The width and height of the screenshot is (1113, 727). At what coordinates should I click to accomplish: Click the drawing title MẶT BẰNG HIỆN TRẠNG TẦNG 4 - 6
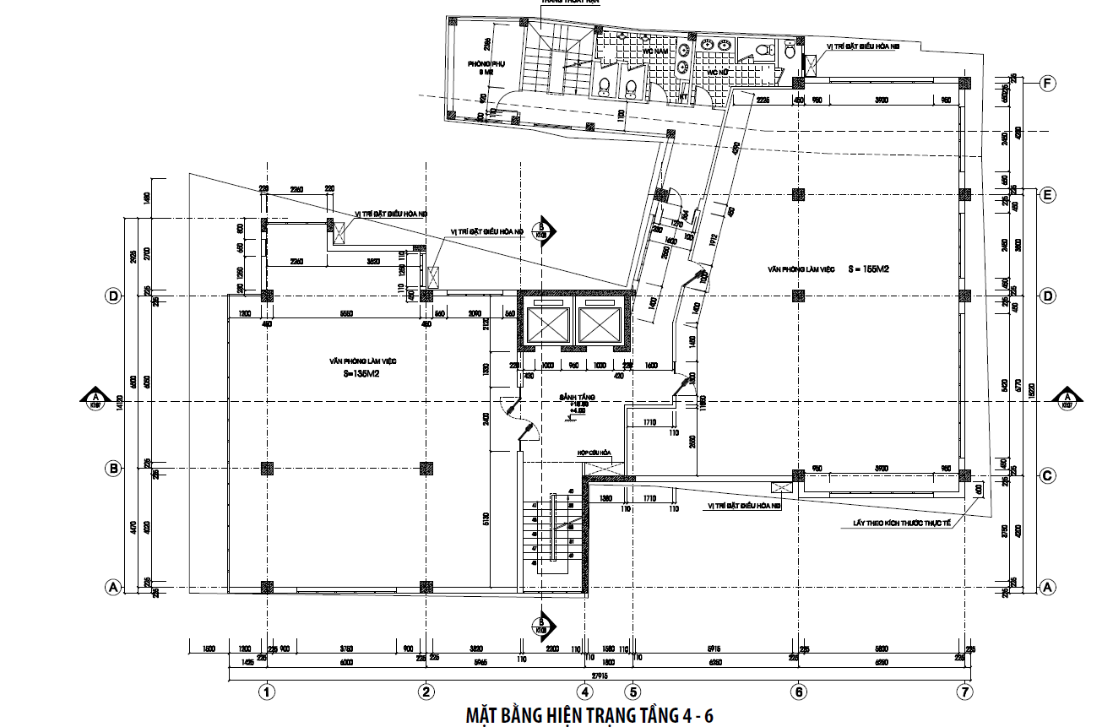click(590, 715)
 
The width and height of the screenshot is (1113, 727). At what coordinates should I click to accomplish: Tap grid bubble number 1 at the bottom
click(268, 692)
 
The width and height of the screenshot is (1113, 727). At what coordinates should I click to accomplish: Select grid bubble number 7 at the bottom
click(965, 692)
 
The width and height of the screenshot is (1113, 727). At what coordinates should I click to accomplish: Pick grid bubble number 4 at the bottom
click(584, 692)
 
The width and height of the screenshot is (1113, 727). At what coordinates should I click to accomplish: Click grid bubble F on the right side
click(1048, 83)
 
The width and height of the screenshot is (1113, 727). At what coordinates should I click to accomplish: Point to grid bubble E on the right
click(1048, 195)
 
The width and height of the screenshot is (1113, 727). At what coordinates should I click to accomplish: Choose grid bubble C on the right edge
click(1048, 475)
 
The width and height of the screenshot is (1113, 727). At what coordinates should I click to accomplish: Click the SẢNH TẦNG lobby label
click(572, 396)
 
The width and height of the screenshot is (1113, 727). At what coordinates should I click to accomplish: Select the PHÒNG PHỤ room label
click(485, 63)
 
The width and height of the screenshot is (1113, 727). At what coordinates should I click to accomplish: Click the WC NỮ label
click(717, 73)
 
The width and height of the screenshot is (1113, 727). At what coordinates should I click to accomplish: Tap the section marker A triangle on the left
click(96, 398)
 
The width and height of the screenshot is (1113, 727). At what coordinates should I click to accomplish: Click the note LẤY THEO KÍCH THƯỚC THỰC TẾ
click(903, 524)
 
